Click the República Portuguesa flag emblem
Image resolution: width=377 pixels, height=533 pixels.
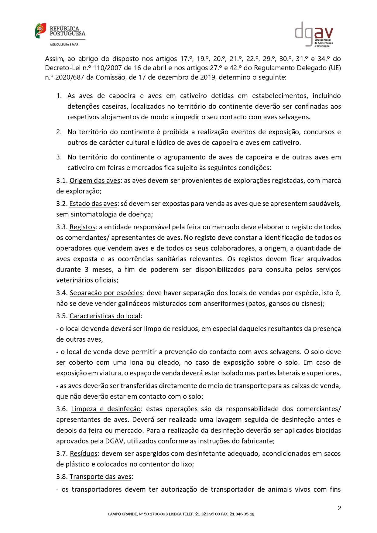40,31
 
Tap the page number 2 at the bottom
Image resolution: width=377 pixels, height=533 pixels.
339,508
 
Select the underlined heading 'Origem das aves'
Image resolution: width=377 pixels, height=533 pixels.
95,180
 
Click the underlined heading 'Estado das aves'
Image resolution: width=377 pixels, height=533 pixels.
93,203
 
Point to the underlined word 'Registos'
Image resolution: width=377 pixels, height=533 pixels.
82,227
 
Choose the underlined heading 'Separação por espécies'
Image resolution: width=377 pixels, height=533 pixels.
106,293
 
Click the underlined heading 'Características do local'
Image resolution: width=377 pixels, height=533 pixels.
105,316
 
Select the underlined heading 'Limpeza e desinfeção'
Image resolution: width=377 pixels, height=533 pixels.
106,409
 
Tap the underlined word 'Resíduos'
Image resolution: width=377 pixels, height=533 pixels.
84,453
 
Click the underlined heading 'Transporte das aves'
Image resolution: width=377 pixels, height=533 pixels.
101,477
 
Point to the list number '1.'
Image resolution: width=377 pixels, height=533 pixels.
59,96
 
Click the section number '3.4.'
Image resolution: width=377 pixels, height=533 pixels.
62,293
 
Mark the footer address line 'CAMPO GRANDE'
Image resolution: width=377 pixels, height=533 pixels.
181,514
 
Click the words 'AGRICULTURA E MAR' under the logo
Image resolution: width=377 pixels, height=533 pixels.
64,45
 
